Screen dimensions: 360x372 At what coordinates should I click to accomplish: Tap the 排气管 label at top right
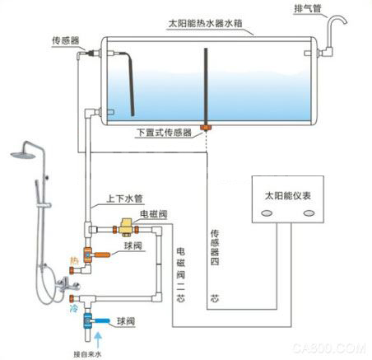[x=309, y=9]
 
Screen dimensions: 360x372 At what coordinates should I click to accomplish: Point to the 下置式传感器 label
[x=165, y=131]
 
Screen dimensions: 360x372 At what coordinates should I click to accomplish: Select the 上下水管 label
[x=124, y=199]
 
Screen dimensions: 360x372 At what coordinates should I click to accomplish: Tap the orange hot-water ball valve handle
[x=102, y=255]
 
